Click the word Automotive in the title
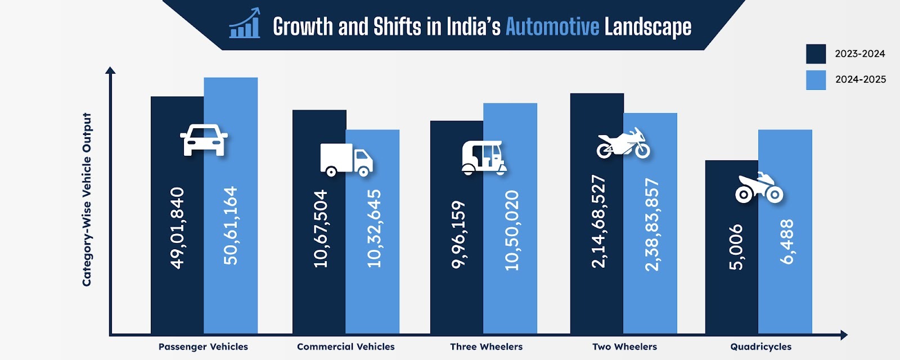552,26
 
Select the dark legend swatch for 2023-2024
816,54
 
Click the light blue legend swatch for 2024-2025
816,80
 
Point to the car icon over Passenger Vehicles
204,139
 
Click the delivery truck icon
346,159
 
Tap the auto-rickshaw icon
484,157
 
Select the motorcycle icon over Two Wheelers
623,143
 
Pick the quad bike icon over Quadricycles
759,188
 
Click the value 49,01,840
177,228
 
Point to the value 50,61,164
231,226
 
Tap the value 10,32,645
373,228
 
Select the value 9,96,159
458,234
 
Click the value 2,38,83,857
651,224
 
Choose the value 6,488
786,241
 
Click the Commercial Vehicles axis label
346,346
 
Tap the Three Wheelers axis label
486,346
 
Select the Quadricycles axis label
760,346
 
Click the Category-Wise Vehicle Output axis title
87,199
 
